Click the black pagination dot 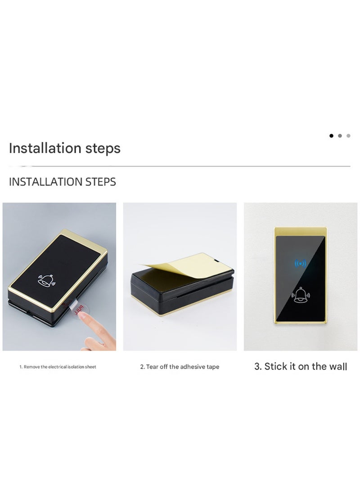(332, 135)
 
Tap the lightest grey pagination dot (348, 135)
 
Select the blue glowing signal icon (300, 263)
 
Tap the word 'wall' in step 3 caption (338, 366)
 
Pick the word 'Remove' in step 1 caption (31, 367)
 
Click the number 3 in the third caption (257, 366)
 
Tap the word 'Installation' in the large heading (45, 148)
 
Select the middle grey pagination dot (340, 135)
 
